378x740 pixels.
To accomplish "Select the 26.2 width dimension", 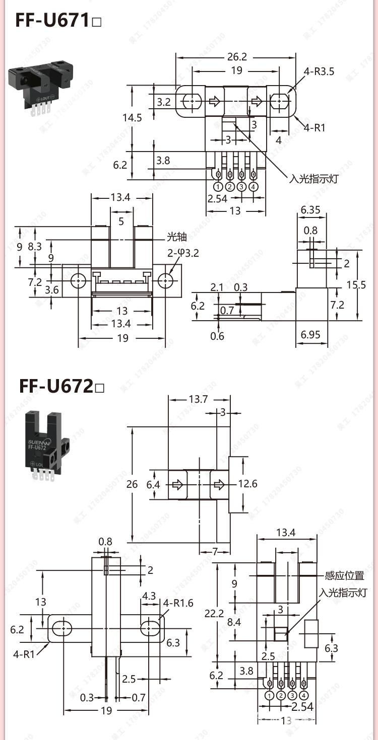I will coord(236,57).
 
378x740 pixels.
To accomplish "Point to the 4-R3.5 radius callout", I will coord(319,71).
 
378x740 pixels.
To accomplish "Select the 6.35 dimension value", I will coord(310,209).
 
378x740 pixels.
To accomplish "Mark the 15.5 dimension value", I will coord(356,285).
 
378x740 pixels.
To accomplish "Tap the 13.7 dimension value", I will coord(199,399).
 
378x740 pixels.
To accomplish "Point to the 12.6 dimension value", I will coord(247,484).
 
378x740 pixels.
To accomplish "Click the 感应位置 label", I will coord(345,575).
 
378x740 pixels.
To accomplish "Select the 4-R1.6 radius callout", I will coord(178,603).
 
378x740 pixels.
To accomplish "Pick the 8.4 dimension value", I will coord(234,622).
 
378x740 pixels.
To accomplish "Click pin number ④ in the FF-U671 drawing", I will coord(254,187).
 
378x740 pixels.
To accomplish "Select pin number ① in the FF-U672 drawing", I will coord(269,695).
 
